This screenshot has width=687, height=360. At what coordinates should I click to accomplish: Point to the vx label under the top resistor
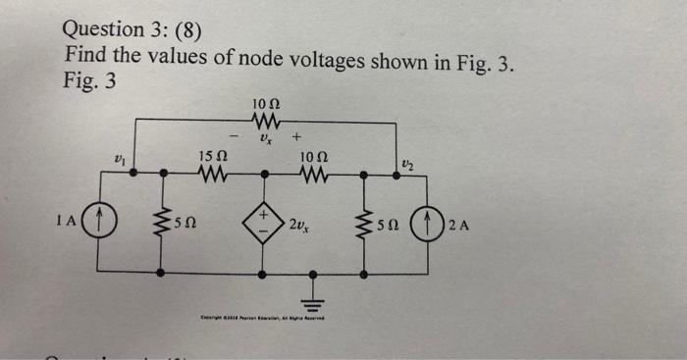tap(264, 140)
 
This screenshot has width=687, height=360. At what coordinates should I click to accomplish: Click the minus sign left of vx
tap(234, 136)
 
